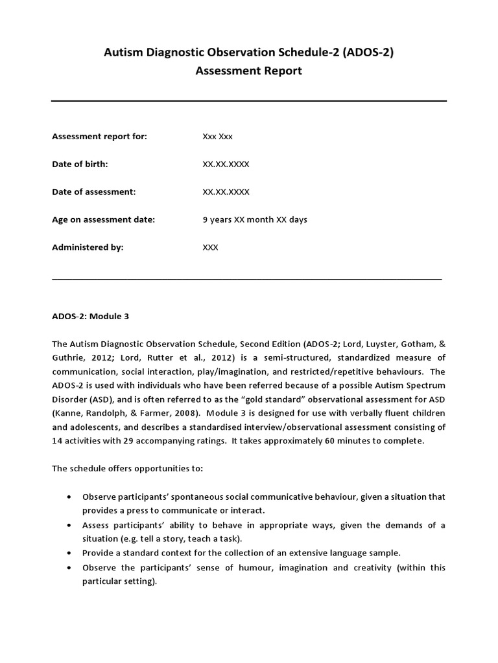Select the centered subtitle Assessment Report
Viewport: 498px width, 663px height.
249,71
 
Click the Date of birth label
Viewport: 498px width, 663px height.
80,164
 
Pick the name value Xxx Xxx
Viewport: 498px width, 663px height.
218,137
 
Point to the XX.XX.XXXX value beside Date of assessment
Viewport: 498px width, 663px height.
226,192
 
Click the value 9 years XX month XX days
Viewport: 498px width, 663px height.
255,219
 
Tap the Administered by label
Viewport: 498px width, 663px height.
88,247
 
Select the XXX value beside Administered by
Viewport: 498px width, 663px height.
211,247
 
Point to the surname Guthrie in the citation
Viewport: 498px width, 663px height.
69,357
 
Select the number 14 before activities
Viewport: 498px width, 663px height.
57,441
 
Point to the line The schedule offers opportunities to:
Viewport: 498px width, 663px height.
127,468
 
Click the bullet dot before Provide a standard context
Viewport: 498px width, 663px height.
69,553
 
